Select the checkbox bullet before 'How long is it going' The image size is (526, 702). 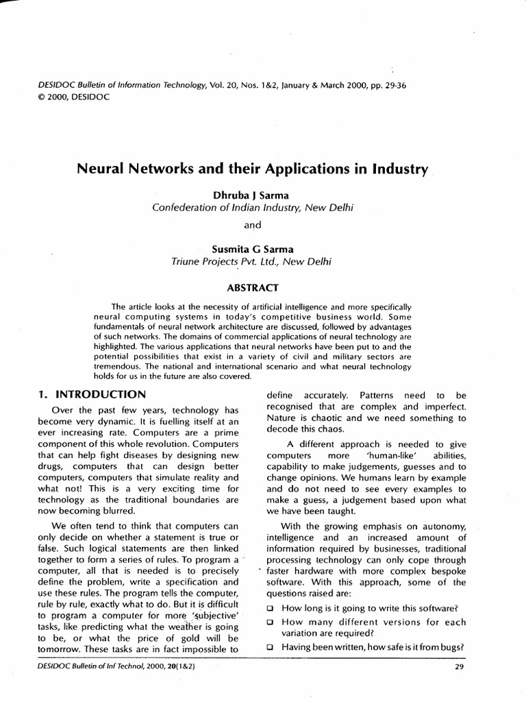pyautogui.click(x=271, y=609)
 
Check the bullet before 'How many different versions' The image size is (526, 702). pyautogui.click(x=271, y=622)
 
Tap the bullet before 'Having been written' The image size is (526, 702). pyautogui.click(x=271, y=647)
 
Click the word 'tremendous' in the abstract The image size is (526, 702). pyautogui.click(x=116, y=367)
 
